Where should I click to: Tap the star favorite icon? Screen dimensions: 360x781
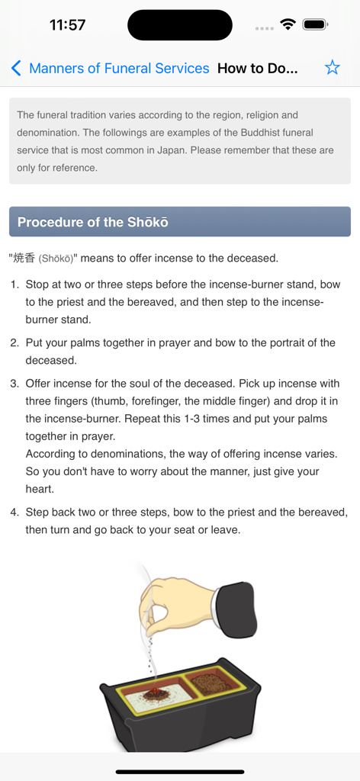pos(332,68)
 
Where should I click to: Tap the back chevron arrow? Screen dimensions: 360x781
pos(16,68)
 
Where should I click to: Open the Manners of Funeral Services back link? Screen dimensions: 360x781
pos(119,68)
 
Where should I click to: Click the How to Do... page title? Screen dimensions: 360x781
pos(257,68)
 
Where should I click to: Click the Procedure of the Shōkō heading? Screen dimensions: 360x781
pos(93,222)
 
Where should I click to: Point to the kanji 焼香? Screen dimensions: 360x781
pos(24,258)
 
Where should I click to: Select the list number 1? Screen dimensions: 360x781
pos(14,284)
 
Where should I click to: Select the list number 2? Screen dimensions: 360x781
pos(14,342)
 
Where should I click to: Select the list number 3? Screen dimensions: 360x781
pos(14,384)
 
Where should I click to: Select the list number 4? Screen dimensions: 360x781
pos(14,512)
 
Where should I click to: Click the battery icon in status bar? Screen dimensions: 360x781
pos(315,24)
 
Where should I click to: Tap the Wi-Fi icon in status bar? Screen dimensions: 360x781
pos(288,24)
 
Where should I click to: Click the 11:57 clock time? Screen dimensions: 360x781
pos(67,24)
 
